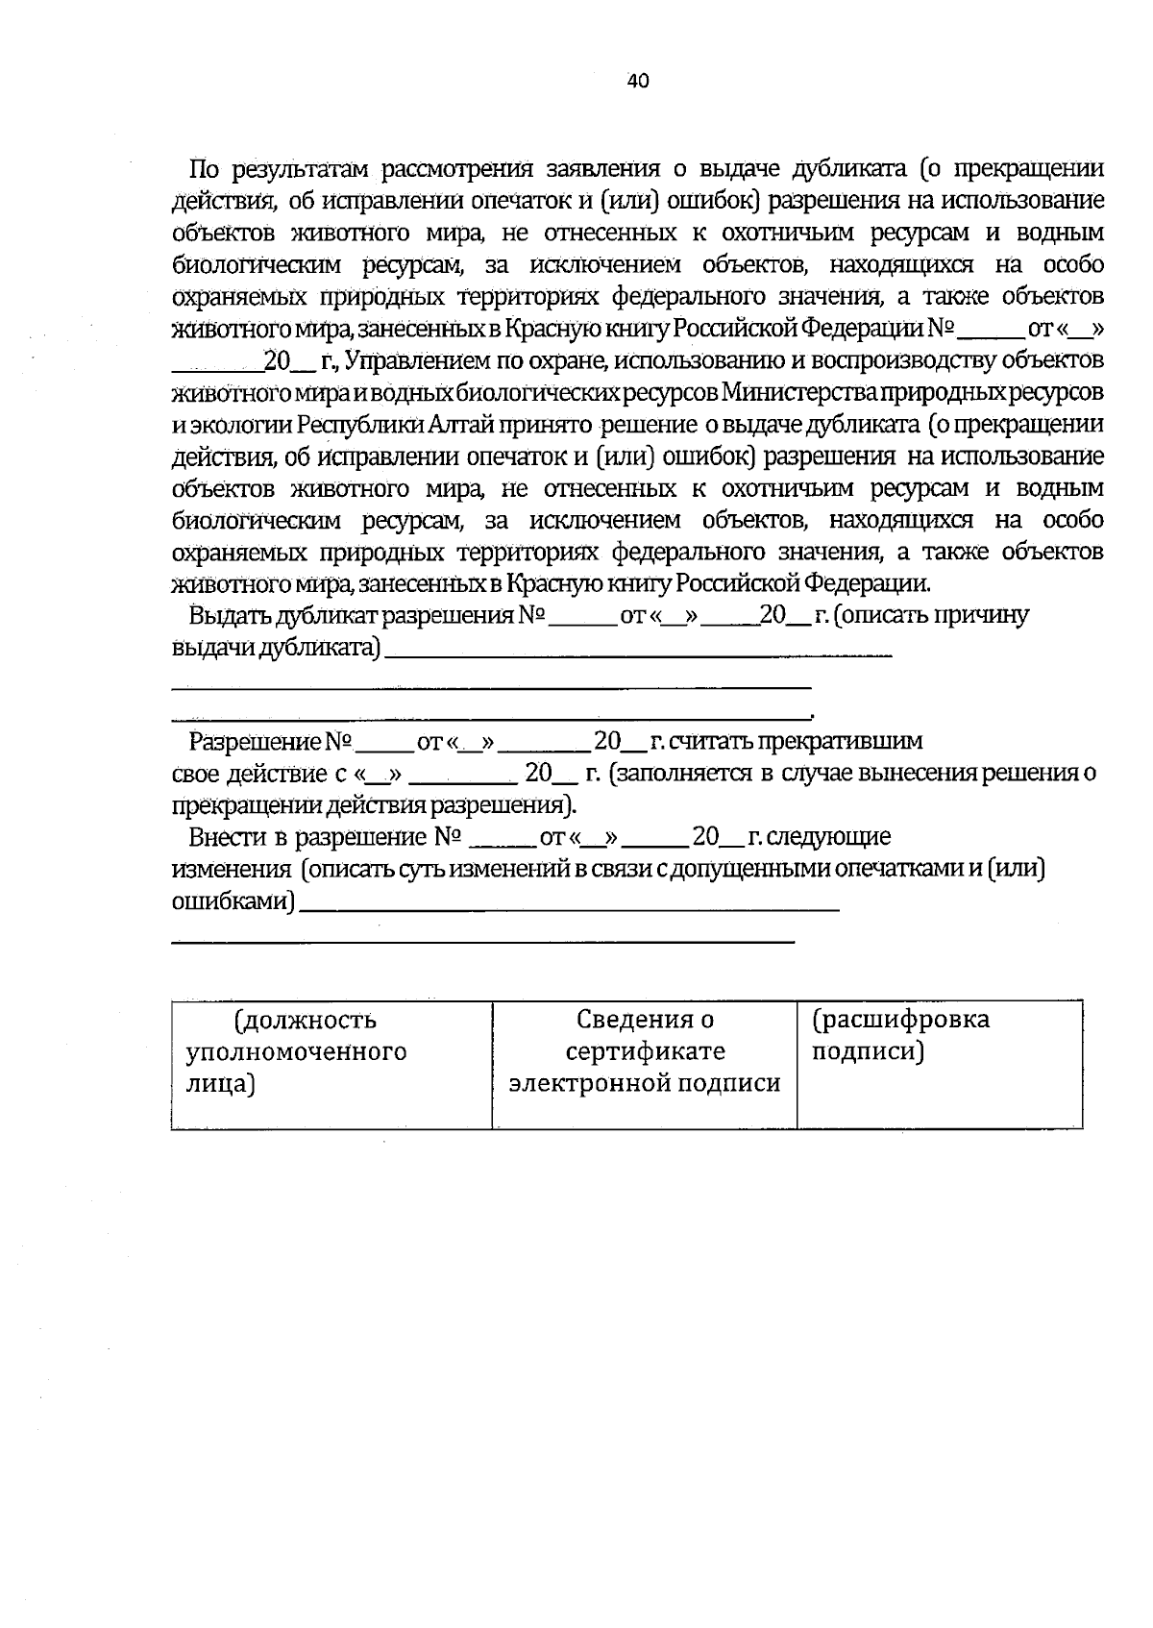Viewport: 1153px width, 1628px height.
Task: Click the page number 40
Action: pos(638,82)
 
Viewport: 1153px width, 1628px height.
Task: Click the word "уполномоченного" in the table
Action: pos(296,1052)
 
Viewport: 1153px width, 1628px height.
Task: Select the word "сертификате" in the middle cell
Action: pos(645,1052)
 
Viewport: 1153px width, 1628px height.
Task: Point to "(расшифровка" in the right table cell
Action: pos(900,1020)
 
